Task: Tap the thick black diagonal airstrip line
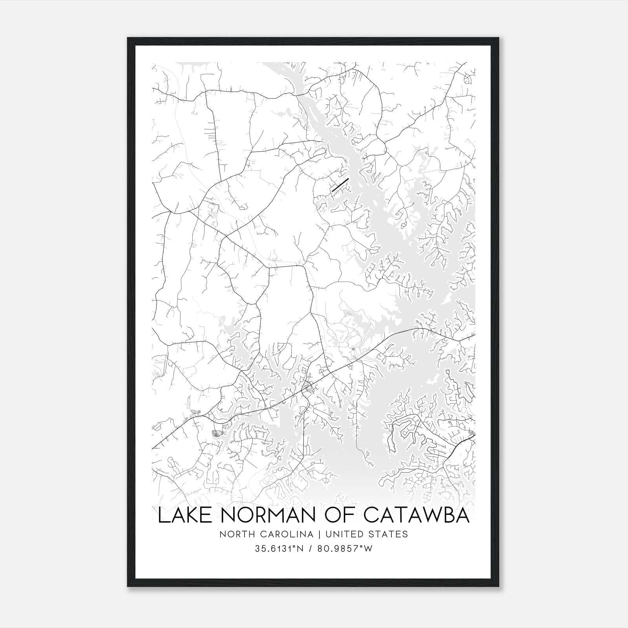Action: point(340,185)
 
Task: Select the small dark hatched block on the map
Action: point(217,433)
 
